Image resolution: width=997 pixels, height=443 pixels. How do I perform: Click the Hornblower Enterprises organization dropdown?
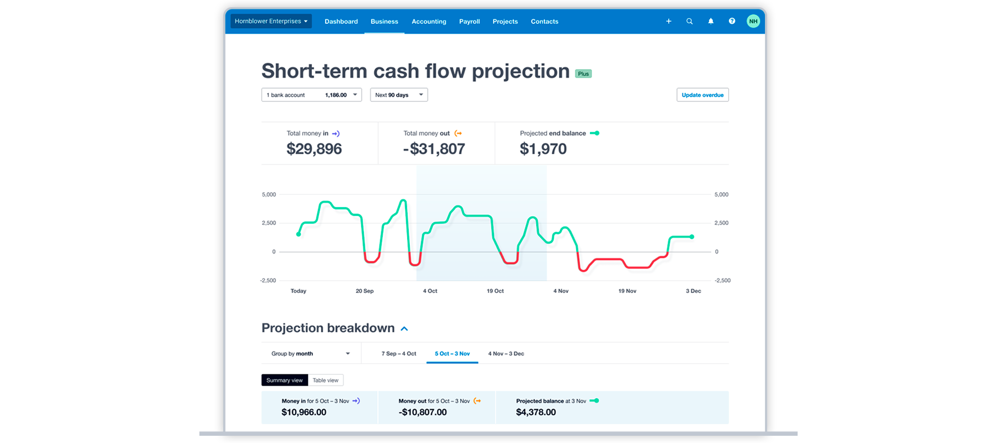(x=271, y=21)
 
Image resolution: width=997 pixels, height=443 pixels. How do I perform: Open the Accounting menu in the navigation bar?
(x=429, y=22)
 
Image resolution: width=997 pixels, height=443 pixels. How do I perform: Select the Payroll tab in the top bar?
(x=469, y=22)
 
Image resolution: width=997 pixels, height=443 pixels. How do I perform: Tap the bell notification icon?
(x=711, y=21)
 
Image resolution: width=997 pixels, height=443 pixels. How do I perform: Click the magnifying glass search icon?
(x=690, y=21)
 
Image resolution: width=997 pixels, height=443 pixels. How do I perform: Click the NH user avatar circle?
(x=753, y=21)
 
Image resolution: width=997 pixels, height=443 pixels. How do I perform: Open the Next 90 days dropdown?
(x=399, y=95)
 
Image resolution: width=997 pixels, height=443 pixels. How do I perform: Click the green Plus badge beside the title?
(x=583, y=74)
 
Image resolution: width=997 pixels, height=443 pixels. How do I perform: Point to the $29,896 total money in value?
(x=314, y=149)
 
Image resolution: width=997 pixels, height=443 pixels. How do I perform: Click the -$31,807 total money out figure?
(x=434, y=149)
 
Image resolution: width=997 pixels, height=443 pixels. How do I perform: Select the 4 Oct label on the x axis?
(x=430, y=291)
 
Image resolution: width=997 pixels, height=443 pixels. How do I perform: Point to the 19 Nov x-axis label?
(x=627, y=291)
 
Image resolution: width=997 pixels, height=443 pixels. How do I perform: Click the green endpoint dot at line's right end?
(x=692, y=236)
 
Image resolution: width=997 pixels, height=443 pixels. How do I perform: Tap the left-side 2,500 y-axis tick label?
(x=269, y=223)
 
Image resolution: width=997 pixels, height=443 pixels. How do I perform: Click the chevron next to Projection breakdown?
(x=404, y=328)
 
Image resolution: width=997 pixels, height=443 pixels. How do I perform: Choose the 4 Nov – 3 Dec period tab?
(x=506, y=353)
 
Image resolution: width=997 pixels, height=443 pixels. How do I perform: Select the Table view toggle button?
(x=325, y=380)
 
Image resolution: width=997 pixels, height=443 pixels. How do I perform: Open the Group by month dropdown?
(x=311, y=353)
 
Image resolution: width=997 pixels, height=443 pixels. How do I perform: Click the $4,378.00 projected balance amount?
(x=536, y=412)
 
